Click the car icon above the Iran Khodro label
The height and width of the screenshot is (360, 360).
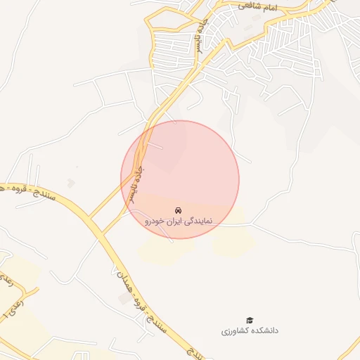(179, 210)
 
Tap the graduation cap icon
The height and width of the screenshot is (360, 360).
(250, 320)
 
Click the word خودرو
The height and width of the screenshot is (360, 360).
(155, 221)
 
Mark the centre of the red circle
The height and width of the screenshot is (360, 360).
(180, 179)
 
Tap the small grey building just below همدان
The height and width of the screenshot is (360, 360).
(124, 300)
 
